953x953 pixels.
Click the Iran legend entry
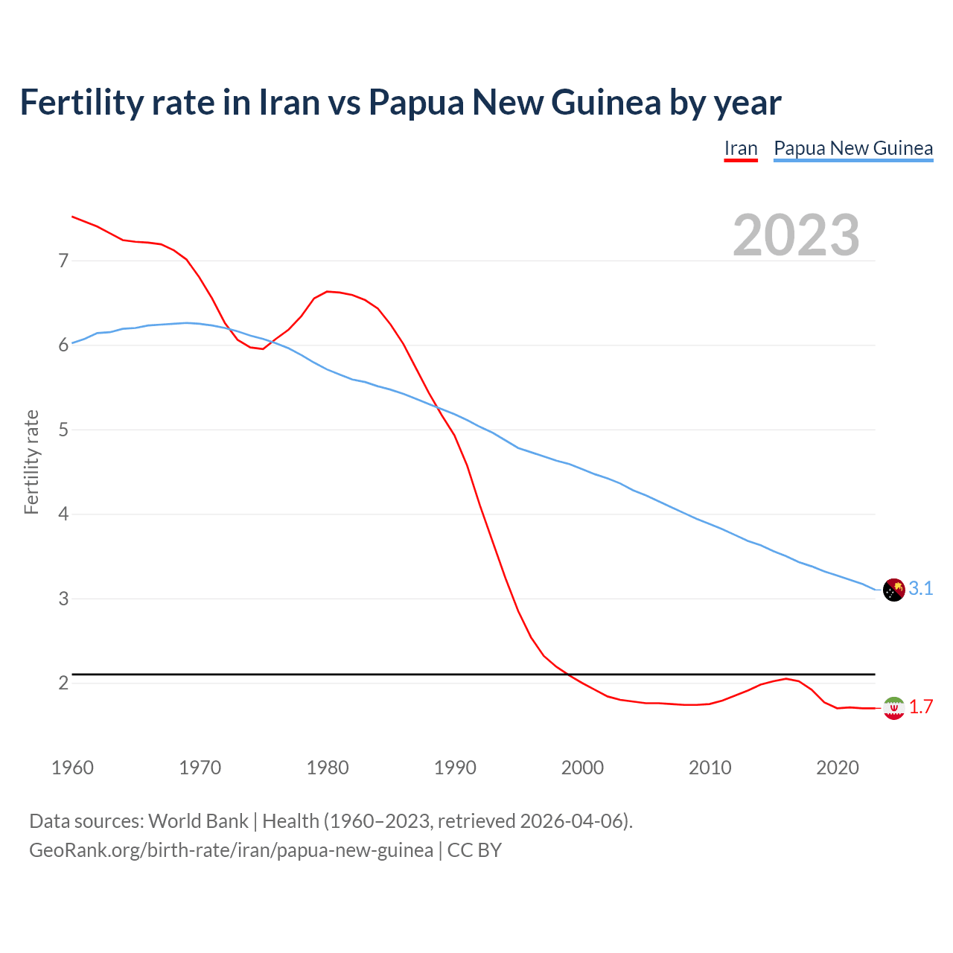(x=741, y=148)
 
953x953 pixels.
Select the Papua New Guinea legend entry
(x=853, y=148)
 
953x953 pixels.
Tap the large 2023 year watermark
(x=796, y=235)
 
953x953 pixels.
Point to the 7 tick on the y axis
(x=63, y=261)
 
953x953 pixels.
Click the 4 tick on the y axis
(x=63, y=514)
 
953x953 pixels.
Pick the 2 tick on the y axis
(x=63, y=683)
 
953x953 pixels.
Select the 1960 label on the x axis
(x=72, y=768)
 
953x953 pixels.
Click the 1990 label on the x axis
(x=455, y=768)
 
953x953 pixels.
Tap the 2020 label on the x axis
(x=838, y=768)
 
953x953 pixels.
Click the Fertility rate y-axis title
(x=31, y=462)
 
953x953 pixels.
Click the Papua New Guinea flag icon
(x=893, y=590)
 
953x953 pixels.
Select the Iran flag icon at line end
(x=893, y=707)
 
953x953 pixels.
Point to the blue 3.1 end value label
(x=921, y=589)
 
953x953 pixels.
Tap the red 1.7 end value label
(x=921, y=707)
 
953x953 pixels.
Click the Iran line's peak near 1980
(x=328, y=291)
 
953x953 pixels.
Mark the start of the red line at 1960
(x=72, y=217)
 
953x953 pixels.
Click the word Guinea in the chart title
(x=605, y=102)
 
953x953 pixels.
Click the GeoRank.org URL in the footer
(x=231, y=850)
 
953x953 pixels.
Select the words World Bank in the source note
(x=198, y=821)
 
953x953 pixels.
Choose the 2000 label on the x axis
(x=582, y=768)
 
